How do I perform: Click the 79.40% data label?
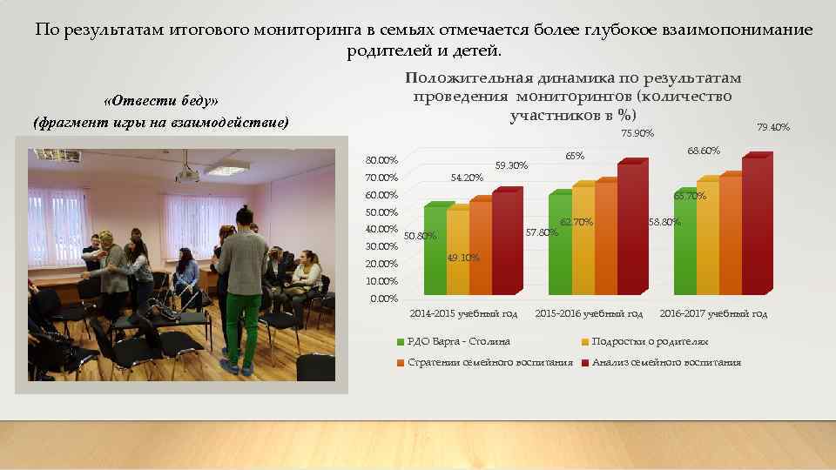(773, 128)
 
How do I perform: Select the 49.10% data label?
(462, 258)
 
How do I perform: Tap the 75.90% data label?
(637, 133)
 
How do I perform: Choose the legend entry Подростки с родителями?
(650, 342)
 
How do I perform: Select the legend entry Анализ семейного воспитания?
(666, 362)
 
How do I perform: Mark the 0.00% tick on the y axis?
(383, 299)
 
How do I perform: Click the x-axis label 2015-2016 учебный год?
(589, 313)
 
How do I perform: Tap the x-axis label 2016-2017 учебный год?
(713, 313)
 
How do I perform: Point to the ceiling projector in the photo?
(186, 173)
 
